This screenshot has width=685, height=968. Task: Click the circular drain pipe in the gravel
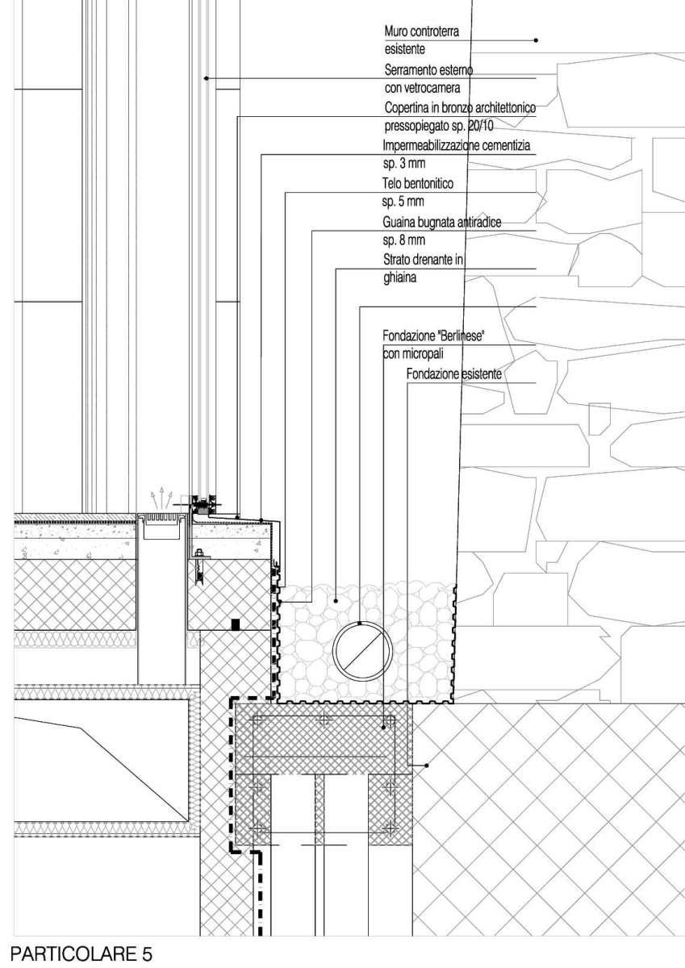tap(362, 651)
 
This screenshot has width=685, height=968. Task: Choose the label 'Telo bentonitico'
tap(418, 184)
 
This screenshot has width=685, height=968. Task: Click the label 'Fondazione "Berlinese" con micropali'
tap(432, 344)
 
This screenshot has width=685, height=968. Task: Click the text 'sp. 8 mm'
tap(403, 240)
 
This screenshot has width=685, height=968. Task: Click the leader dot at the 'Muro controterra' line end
tap(536, 40)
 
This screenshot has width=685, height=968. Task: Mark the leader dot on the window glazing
tap(207, 78)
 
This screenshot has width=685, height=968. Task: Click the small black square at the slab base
tap(235, 624)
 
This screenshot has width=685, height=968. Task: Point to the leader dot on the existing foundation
tap(426, 765)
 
